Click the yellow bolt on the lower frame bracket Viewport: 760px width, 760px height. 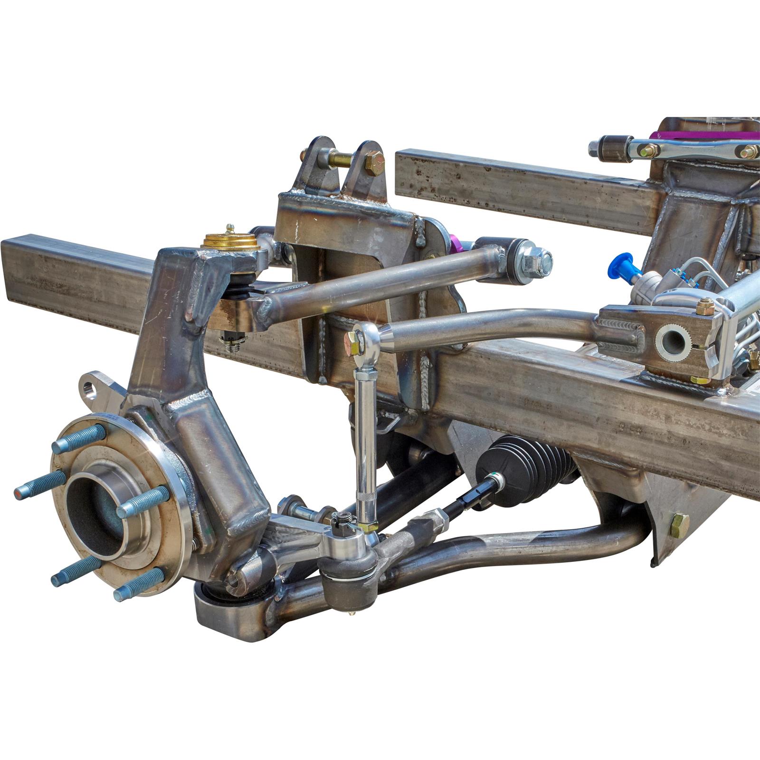680,523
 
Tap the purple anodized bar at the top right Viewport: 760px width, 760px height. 703,134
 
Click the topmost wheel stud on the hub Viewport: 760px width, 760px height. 79,438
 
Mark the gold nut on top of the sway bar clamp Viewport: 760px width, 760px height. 706,306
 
